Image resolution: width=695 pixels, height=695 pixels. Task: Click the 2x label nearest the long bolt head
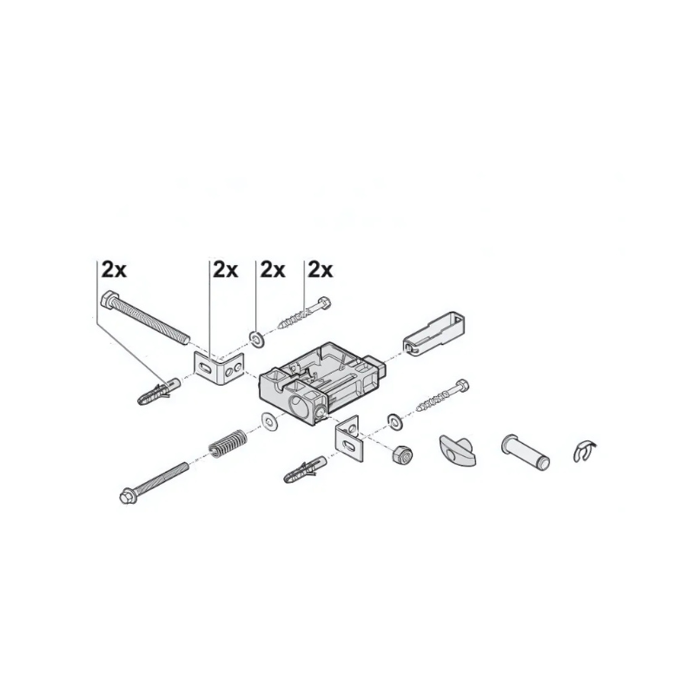click(x=114, y=269)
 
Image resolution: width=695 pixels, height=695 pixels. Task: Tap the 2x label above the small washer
click(x=272, y=269)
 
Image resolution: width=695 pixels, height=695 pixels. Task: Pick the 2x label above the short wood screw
click(x=320, y=269)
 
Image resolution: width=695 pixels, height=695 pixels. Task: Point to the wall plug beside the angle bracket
click(x=157, y=390)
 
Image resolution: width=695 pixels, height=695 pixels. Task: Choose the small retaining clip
click(x=586, y=450)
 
